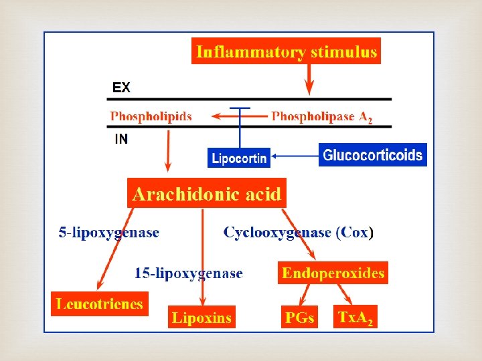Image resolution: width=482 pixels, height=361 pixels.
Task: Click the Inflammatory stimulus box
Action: [286, 51]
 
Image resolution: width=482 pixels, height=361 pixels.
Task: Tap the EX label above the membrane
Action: [121, 88]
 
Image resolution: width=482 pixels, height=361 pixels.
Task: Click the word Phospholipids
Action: [151, 116]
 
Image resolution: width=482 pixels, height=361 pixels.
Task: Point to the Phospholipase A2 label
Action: [321, 117]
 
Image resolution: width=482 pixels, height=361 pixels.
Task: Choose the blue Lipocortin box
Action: [239, 158]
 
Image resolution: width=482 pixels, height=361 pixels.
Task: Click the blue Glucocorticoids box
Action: [372, 155]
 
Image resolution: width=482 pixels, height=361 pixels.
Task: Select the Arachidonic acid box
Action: [207, 194]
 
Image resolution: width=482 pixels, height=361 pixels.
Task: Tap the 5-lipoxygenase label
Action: [109, 233]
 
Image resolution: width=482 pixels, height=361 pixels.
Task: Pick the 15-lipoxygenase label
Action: [189, 273]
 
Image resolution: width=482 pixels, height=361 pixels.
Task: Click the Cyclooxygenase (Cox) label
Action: [299, 233]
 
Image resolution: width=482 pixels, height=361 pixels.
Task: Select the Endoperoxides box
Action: [333, 273]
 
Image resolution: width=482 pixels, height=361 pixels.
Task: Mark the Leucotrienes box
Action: [100, 304]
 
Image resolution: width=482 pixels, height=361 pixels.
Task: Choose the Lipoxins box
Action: [202, 318]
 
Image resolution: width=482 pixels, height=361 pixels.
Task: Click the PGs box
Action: [299, 318]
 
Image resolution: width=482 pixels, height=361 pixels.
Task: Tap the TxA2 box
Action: [356, 317]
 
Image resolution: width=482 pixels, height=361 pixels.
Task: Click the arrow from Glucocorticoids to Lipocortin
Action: [295, 156]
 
